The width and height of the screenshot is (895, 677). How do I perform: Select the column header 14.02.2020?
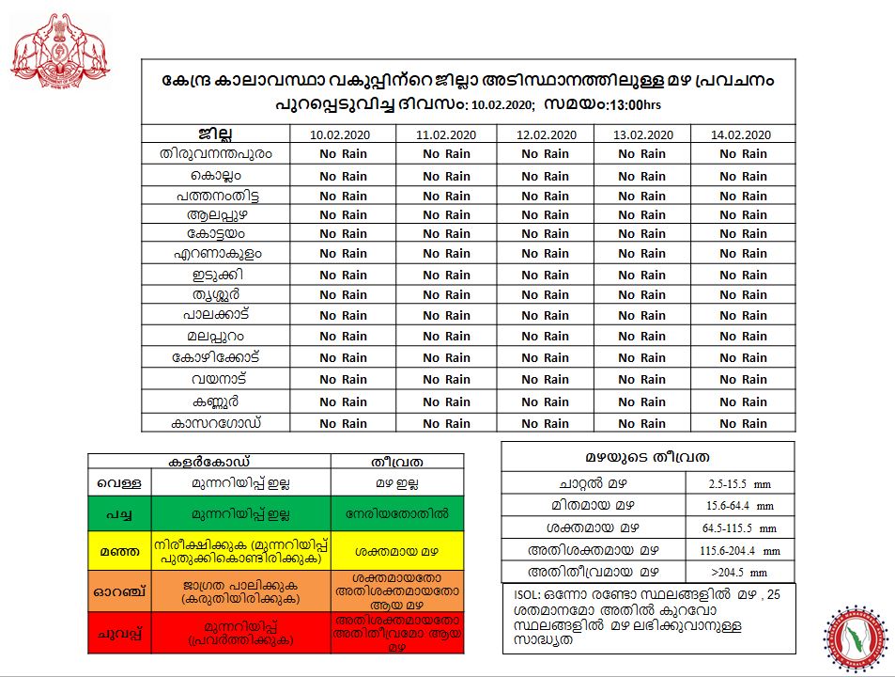743,134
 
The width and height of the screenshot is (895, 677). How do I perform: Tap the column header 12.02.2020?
545,134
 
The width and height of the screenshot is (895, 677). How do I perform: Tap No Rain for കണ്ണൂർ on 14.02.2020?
743,401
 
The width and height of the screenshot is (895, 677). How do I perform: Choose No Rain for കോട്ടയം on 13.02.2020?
642,234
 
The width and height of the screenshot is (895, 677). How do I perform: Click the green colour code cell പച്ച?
120,514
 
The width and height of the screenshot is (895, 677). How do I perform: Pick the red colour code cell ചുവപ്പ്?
120,632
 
